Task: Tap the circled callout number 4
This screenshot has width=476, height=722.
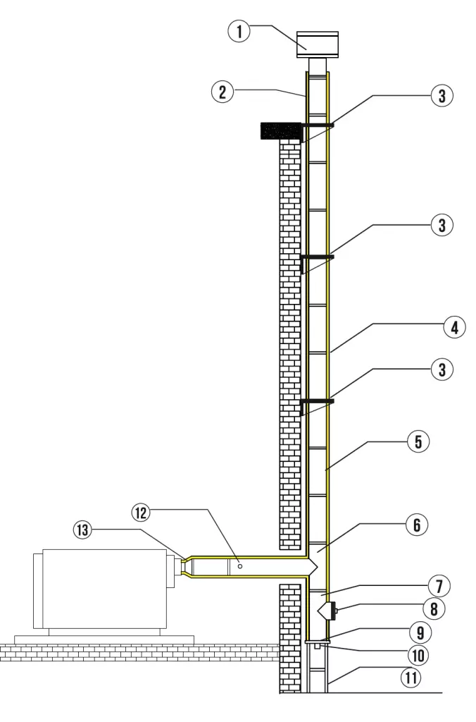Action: pyautogui.click(x=454, y=328)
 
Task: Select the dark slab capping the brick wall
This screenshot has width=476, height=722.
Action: pyautogui.click(x=280, y=130)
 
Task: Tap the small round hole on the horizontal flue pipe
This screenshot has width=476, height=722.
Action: pyautogui.click(x=240, y=565)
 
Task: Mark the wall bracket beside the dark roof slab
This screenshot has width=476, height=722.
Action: pyautogui.click(x=315, y=126)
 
